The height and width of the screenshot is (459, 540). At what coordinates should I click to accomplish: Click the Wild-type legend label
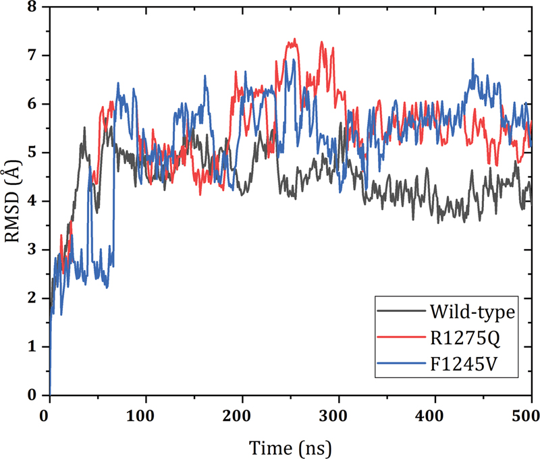click(472, 312)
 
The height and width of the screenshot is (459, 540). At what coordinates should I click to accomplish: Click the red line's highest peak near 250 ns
click(294, 40)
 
